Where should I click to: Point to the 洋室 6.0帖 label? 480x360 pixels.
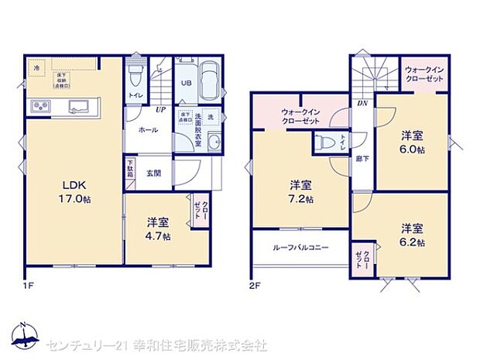tap(410, 140)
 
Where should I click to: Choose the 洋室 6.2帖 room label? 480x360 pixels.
tap(411, 235)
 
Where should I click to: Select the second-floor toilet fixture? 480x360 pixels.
tap(321, 142)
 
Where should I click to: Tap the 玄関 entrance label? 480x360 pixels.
tap(154, 172)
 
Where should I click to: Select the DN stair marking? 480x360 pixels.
tap(361, 104)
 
